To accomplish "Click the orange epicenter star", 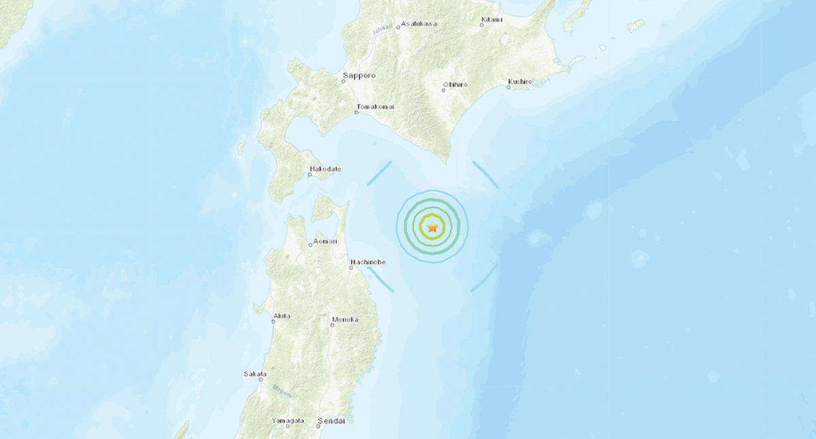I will coord(432,227).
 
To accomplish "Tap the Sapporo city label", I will coord(360,76).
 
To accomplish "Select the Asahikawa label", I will coord(419,24).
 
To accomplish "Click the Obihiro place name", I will coord(455,84).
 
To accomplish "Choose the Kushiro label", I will coord(520,82).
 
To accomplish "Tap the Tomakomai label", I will coord(375,107).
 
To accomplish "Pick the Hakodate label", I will coord(326,169).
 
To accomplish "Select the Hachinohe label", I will coord(369,261).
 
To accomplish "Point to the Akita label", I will coord(282,316).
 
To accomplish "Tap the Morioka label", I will coord(345,319).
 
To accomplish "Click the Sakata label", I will coord(255,374).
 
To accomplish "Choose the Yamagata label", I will coord(288,421).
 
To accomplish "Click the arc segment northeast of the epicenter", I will coord(486,174).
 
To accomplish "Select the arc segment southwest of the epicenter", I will coord(380,278).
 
